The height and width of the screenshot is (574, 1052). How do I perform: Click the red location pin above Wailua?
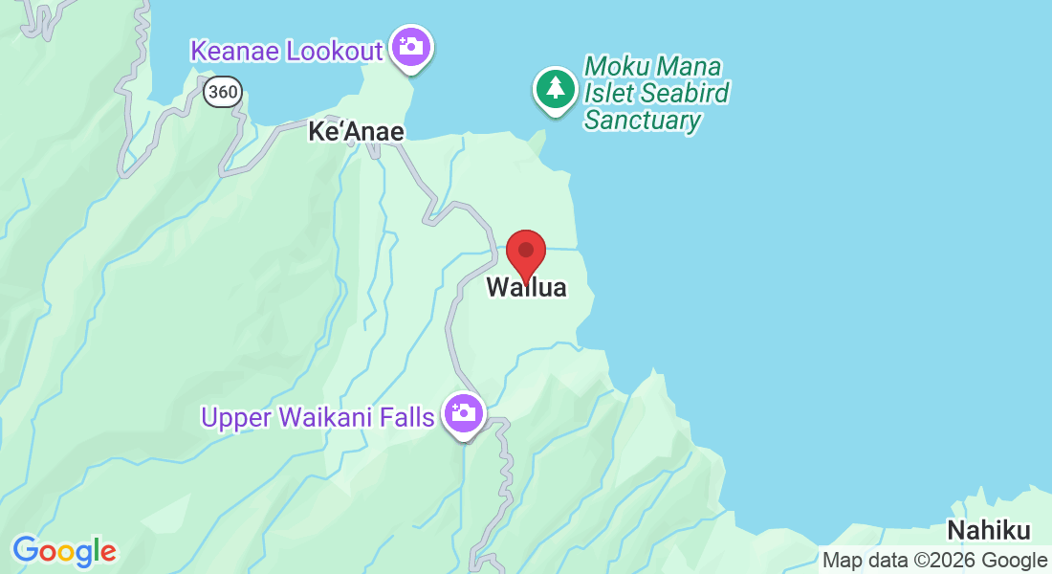(525, 252)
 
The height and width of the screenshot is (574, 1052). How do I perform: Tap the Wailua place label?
(526, 287)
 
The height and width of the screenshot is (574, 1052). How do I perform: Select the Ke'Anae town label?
(356, 132)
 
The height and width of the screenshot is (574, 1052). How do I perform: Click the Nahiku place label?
(989, 531)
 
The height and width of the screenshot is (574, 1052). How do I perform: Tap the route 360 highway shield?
(222, 92)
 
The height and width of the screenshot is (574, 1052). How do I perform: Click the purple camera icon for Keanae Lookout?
(412, 46)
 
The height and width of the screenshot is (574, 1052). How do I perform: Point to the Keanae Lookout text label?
(287, 51)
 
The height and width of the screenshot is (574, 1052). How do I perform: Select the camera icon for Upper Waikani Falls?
(465, 413)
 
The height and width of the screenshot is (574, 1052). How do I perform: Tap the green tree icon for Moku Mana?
(555, 89)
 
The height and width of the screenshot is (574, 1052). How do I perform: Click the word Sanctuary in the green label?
(643, 121)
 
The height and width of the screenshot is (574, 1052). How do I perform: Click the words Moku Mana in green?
(652, 67)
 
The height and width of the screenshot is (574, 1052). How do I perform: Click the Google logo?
(64, 551)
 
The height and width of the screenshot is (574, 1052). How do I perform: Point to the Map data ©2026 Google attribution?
(934, 561)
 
